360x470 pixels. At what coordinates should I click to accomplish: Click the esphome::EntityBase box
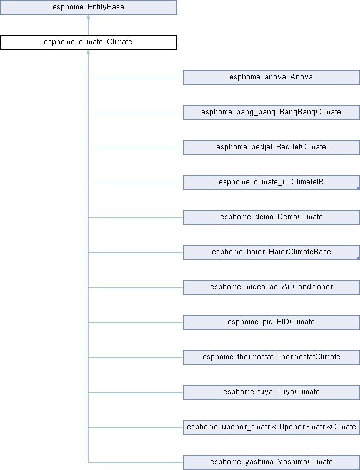click(x=88, y=7)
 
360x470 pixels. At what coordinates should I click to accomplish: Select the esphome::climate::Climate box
click(x=88, y=42)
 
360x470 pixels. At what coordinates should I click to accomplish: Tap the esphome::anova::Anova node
click(x=271, y=77)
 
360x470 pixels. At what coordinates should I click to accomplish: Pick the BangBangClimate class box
click(x=271, y=112)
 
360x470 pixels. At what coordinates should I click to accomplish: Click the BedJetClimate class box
click(x=271, y=147)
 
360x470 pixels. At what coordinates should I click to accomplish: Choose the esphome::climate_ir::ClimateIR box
click(x=271, y=182)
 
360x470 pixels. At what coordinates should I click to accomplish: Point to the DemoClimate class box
click(x=271, y=217)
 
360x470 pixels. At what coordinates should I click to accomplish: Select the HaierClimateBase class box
click(x=271, y=252)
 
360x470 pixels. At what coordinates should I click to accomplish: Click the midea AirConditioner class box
click(x=271, y=287)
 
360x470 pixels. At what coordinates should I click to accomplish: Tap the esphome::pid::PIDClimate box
click(x=271, y=322)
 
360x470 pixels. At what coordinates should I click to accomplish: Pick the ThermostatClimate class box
click(x=271, y=357)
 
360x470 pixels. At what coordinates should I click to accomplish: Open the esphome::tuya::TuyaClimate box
click(x=271, y=392)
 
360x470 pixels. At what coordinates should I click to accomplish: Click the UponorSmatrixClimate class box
click(x=271, y=427)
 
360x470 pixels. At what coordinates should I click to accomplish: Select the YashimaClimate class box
click(x=271, y=462)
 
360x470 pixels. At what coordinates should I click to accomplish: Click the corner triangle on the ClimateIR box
click(x=358, y=188)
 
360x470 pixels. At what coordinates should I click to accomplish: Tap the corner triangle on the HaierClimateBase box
click(x=358, y=258)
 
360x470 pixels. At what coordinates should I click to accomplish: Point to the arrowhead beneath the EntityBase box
click(x=88, y=17)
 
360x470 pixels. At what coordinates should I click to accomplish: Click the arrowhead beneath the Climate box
click(x=88, y=52)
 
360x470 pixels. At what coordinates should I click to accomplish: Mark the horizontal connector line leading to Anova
click(x=136, y=77)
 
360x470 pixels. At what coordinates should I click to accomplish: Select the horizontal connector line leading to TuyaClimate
click(x=136, y=392)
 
